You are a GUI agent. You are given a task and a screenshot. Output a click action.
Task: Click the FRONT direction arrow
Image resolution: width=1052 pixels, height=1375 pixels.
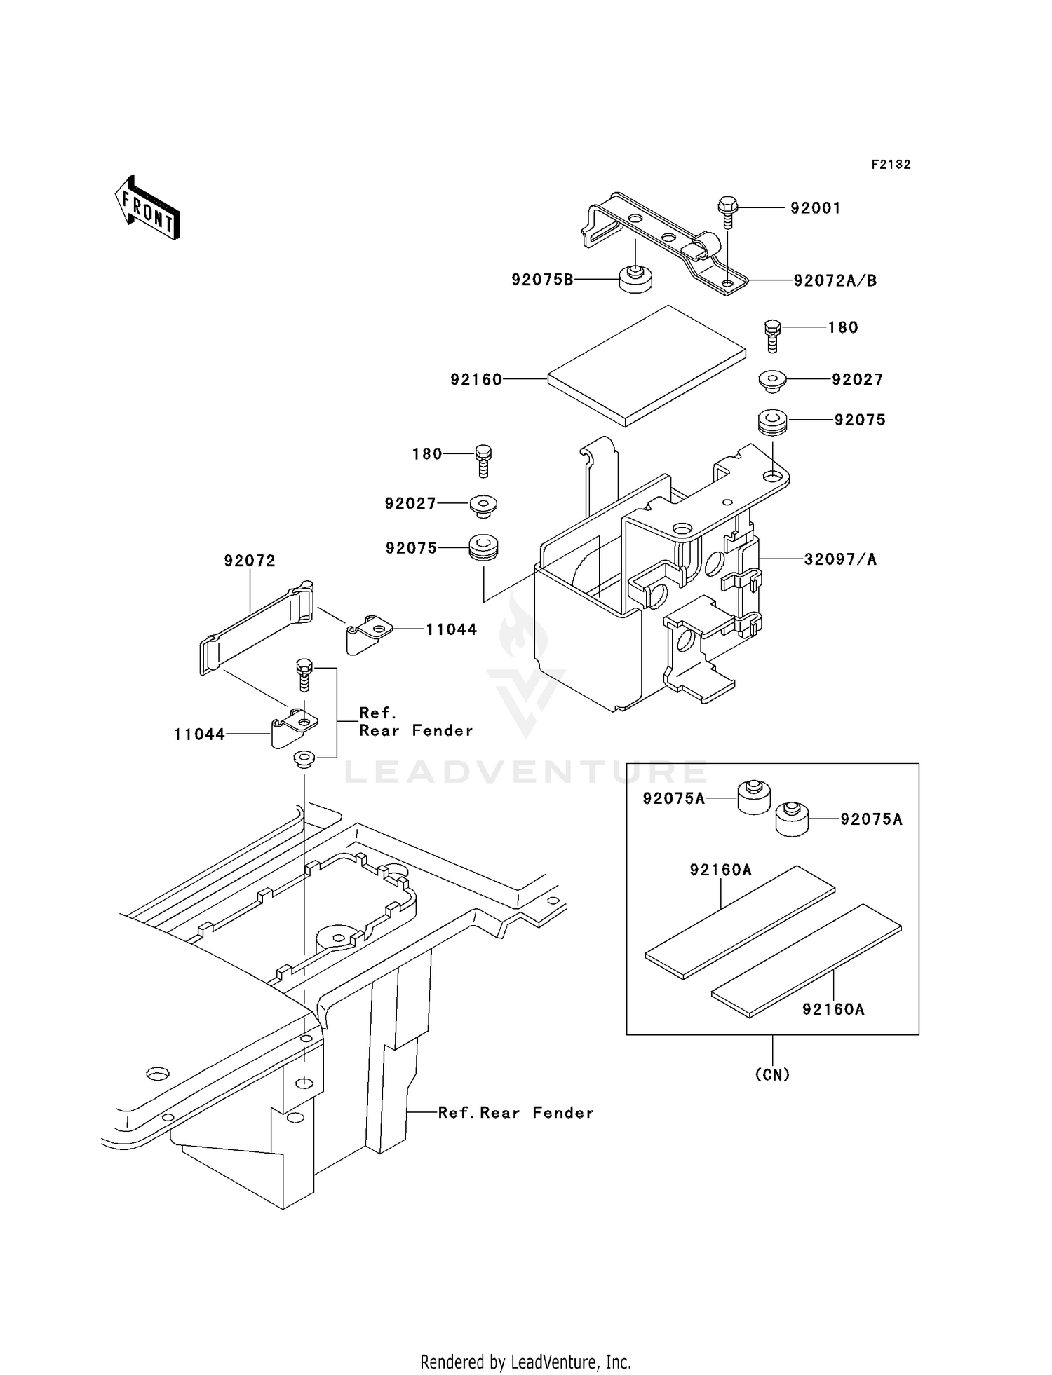coord(148,208)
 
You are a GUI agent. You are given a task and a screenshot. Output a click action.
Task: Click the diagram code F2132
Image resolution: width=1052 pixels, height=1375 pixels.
coord(891,165)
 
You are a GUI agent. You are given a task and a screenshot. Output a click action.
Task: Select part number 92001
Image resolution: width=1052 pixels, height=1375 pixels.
coord(815,208)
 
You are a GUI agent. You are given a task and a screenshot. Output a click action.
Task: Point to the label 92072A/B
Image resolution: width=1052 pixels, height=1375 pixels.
coord(835,281)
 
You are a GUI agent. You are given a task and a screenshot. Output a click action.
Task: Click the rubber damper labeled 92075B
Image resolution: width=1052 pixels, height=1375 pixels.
coord(635,280)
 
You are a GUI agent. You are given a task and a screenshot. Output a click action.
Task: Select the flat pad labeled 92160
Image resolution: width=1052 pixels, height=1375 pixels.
coord(647,366)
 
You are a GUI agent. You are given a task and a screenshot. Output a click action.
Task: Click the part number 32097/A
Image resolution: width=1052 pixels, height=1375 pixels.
coord(839,559)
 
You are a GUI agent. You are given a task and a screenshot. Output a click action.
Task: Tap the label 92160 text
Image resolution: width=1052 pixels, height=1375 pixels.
coord(476,380)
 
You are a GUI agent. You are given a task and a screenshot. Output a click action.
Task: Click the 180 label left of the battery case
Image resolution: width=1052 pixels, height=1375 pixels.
coord(427,454)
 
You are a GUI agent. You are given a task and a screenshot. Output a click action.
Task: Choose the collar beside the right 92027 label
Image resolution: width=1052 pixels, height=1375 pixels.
coord(773,382)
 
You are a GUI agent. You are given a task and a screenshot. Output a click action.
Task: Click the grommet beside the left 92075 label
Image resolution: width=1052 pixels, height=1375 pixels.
coord(483,547)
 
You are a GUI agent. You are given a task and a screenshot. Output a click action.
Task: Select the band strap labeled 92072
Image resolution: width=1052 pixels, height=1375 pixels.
coord(256,627)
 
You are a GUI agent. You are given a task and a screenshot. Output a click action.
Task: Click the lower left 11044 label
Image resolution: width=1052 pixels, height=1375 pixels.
coord(199,734)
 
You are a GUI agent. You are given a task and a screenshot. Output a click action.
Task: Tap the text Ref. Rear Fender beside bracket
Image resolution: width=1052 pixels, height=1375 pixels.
coord(415,722)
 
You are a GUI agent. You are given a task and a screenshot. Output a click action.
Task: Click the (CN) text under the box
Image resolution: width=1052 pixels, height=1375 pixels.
coord(772,1074)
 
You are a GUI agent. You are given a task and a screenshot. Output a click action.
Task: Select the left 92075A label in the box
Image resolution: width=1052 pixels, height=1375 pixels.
coord(673,798)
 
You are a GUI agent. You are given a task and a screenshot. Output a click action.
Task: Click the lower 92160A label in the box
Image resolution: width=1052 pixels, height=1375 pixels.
coord(833,1009)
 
